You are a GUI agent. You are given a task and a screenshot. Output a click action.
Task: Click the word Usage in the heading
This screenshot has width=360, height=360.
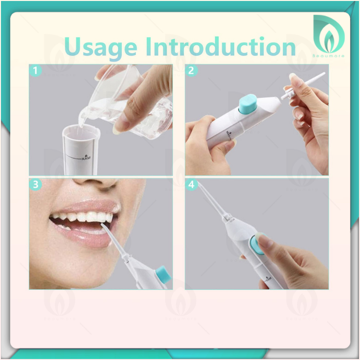(x=101, y=48)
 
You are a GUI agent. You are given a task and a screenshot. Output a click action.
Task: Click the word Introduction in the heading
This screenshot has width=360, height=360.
(x=220, y=47)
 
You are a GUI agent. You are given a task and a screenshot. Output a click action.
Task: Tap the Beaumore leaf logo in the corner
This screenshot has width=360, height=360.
(x=329, y=35)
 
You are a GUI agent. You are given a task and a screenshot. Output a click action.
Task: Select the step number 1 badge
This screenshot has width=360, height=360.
(x=36, y=71)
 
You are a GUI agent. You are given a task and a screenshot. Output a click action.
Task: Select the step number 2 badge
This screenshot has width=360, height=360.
(x=191, y=71)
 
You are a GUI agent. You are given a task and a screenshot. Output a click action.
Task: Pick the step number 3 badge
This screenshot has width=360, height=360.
(x=36, y=184)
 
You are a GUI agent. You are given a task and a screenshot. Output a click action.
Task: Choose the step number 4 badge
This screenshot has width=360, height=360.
(x=191, y=184)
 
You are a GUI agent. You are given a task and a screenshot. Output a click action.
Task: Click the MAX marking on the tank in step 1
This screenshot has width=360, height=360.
(x=86, y=157)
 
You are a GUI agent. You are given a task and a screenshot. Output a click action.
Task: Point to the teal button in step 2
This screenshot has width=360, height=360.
(x=248, y=105)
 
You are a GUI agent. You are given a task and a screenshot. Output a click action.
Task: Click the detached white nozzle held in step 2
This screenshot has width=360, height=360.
(x=303, y=86)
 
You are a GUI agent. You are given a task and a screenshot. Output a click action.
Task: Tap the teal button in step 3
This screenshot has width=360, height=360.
(x=164, y=275)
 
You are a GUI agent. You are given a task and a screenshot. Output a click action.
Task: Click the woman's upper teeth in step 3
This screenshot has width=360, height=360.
(x=83, y=217)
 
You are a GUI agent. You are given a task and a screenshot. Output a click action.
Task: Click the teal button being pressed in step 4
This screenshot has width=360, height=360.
(x=257, y=245)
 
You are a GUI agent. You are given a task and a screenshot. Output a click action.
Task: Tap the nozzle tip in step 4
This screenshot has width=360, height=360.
(x=199, y=183)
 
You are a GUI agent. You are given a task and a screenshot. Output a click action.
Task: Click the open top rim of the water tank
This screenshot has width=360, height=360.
(x=81, y=131)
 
